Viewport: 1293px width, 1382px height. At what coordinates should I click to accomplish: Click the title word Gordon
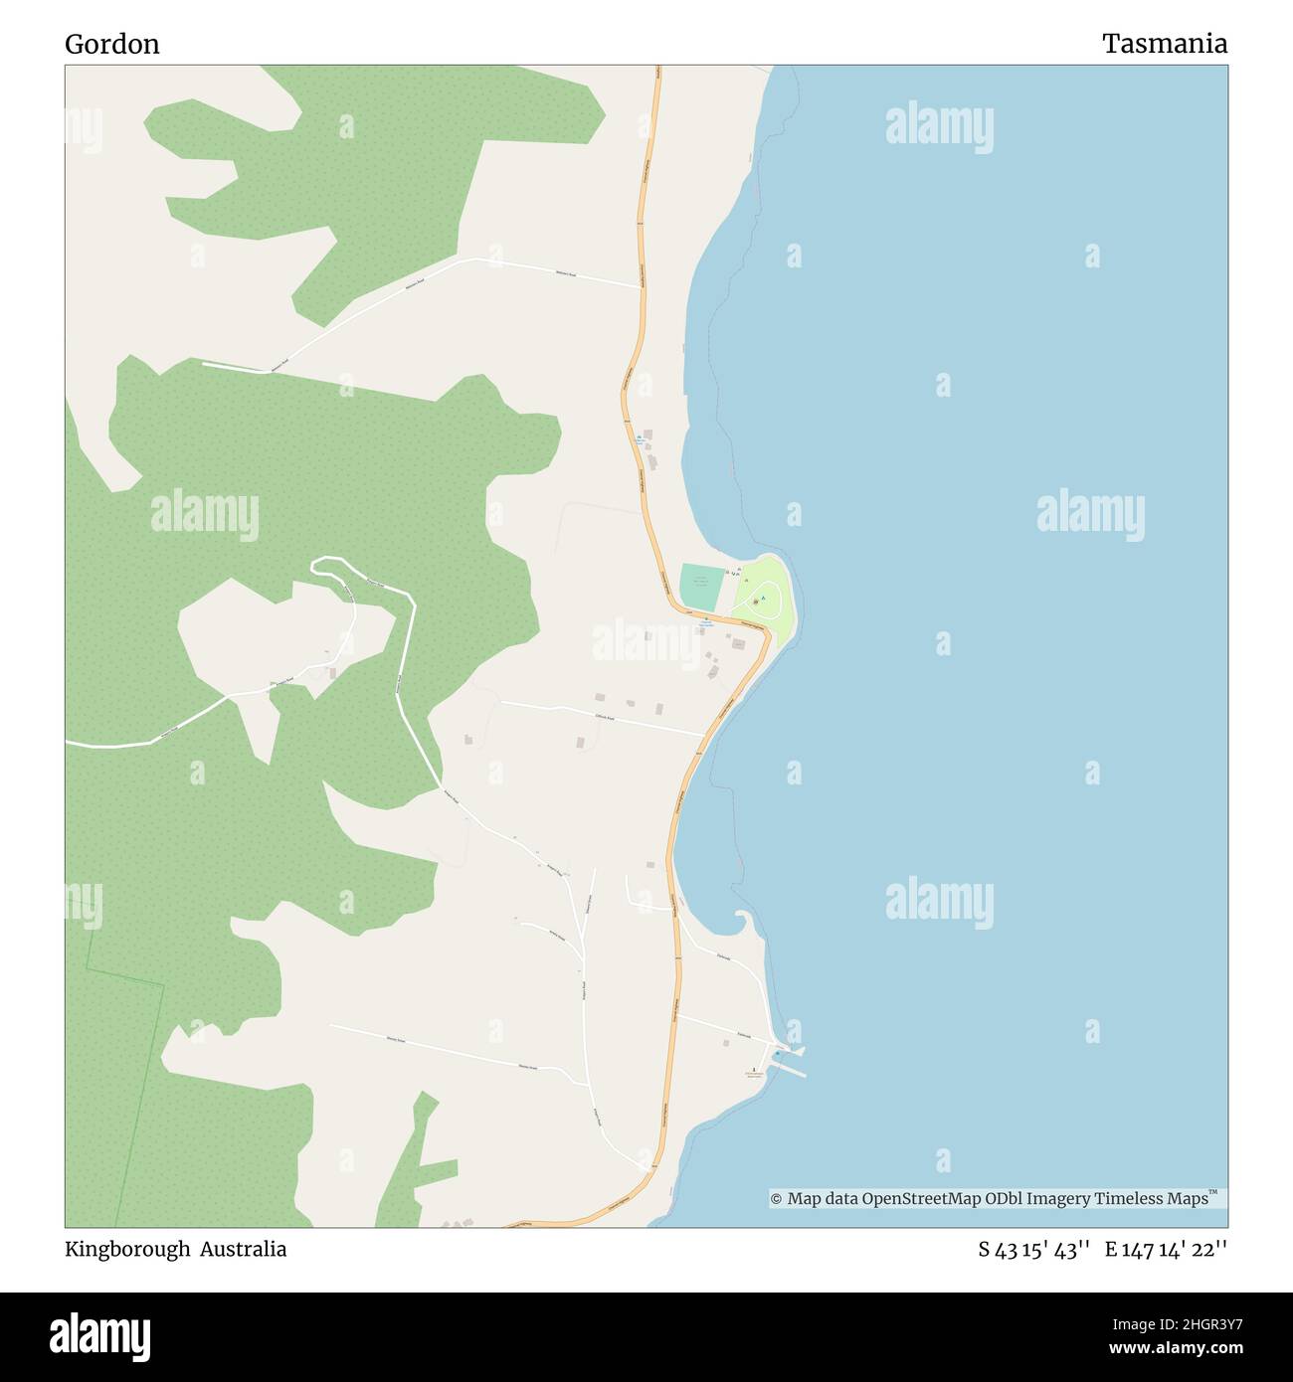point(112,44)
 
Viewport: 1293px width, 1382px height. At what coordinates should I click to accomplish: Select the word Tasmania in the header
point(1164,44)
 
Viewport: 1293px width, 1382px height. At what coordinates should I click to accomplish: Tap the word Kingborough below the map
point(126,1249)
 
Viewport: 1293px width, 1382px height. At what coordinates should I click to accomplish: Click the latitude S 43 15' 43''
point(1034,1250)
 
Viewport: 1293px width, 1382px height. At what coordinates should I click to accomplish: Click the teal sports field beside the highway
point(701,587)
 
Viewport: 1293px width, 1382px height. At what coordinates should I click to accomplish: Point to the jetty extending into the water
point(792,1069)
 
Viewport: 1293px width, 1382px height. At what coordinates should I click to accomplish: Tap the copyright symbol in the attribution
point(777,1199)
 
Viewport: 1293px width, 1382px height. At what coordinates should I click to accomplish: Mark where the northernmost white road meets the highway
point(640,287)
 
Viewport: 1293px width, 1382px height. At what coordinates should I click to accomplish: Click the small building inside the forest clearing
point(331,673)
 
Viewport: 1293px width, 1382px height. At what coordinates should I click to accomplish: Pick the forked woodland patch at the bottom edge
point(413,1163)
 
